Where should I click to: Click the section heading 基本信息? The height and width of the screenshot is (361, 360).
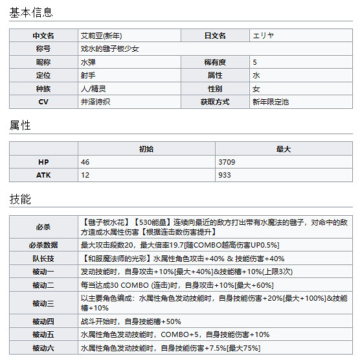[x=31, y=13]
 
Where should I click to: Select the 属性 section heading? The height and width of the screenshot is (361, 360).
[x=20, y=125]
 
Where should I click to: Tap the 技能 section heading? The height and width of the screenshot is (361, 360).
[x=20, y=199]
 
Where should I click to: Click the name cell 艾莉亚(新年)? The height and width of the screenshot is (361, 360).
[x=103, y=36]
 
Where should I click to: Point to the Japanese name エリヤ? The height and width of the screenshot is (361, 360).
[x=266, y=36]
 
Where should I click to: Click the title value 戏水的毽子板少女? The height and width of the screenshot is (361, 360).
[x=109, y=49]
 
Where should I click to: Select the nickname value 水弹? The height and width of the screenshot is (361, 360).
[x=87, y=62]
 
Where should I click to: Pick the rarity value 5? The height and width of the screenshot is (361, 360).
[x=255, y=62]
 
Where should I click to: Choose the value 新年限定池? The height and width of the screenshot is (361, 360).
[x=271, y=102]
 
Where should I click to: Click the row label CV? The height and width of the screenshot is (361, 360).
[x=43, y=102]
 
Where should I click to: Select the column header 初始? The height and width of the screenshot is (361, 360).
[x=146, y=148]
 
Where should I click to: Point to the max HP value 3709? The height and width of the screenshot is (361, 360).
[x=228, y=161]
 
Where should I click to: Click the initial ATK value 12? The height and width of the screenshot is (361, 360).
[x=85, y=175]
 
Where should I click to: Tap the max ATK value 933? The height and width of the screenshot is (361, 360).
[x=225, y=175]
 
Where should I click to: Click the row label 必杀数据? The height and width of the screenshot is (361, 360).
[x=43, y=245]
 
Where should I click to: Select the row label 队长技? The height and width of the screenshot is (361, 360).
[x=43, y=259]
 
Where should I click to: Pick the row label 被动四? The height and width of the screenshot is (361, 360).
[x=43, y=321]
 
